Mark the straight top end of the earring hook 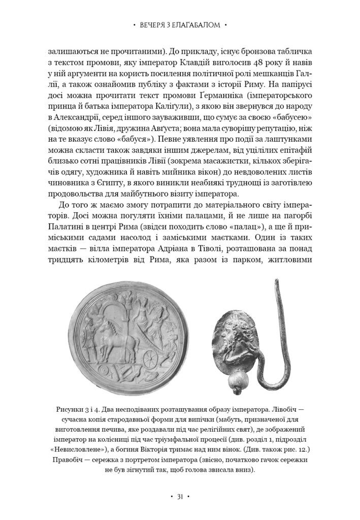pyautogui.click(x=277, y=283)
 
